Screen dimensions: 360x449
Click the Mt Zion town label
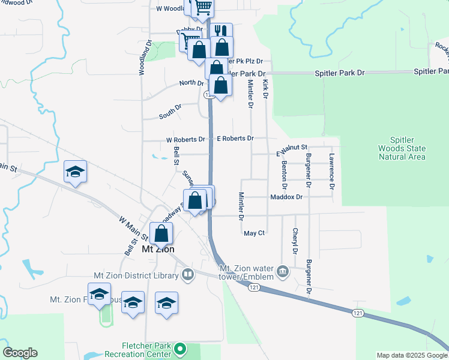tap(158, 249)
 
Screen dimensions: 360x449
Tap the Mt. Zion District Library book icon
tap(188, 275)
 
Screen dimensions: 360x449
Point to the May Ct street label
tap(254, 233)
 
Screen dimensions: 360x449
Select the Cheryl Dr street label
tap(295, 241)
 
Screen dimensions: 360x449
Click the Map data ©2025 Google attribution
tap(411, 355)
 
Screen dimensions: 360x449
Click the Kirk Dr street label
tap(265, 87)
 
